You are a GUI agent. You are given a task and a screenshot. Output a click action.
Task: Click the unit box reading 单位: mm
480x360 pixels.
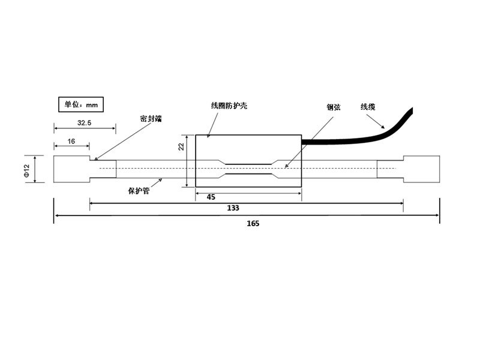(x=81, y=104)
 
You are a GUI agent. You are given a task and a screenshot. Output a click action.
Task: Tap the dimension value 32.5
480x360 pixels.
(x=84, y=123)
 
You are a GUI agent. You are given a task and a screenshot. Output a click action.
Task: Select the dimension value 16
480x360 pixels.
(x=71, y=141)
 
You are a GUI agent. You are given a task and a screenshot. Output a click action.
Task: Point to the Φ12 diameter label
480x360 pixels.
(x=26, y=170)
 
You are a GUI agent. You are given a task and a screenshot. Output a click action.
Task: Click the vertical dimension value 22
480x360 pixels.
(x=182, y=146)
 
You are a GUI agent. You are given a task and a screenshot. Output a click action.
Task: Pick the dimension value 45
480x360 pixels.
(x=211, y=197)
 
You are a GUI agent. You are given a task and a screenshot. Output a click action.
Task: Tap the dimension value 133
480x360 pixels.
(x=233, y=208)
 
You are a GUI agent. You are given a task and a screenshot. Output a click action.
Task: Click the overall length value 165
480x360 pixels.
(x=253, y=223)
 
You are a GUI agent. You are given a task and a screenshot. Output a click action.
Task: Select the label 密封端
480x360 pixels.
(x=151, y=118)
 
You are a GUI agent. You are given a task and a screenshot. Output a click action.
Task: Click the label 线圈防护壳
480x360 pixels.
(x=229, y=106)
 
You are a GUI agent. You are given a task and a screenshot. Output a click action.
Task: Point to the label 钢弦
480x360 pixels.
(x=334, y=107)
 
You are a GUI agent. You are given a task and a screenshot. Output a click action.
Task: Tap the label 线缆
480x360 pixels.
(x=368, y=107)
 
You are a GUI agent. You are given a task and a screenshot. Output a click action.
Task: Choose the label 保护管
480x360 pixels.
(x=139, y=191)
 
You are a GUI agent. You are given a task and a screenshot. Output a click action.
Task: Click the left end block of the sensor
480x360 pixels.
(x=72, y=169)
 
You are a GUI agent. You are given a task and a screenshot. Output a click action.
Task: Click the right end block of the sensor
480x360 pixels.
(x=422, y=169)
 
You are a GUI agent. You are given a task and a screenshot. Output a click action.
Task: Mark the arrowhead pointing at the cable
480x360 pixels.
(x=383, y=127)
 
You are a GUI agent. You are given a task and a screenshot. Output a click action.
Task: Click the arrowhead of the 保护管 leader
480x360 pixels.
(x=160, y=181)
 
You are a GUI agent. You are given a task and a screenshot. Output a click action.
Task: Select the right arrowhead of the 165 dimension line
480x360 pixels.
(x=437, y=215)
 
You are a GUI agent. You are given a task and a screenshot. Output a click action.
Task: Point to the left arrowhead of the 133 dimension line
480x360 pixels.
(x=92, y=203)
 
